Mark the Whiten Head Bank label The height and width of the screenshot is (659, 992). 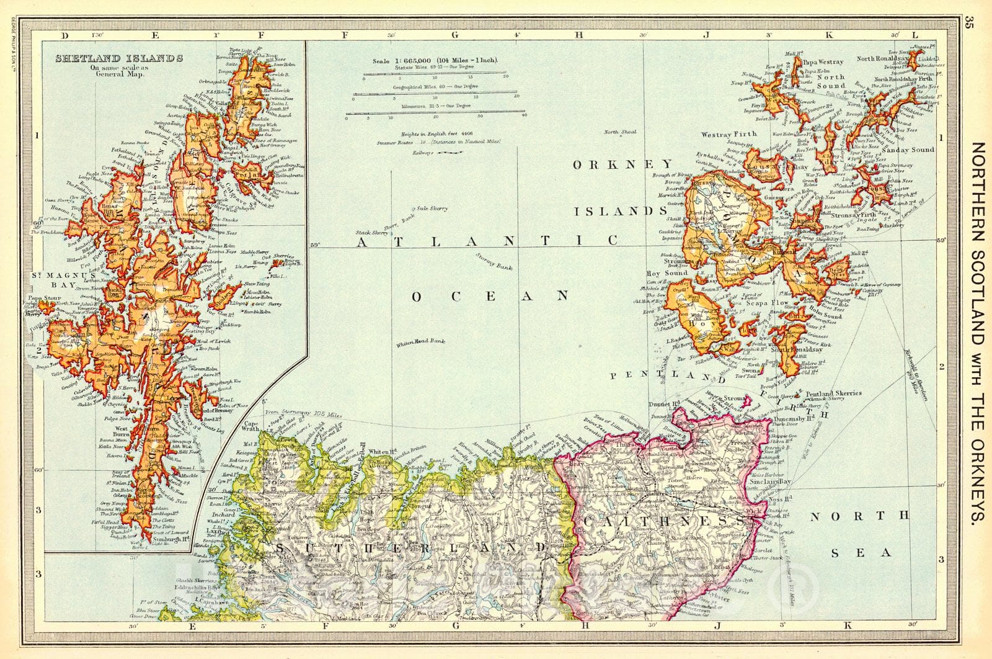click(421, 341)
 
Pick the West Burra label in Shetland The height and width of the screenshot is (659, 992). click(122, 433)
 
